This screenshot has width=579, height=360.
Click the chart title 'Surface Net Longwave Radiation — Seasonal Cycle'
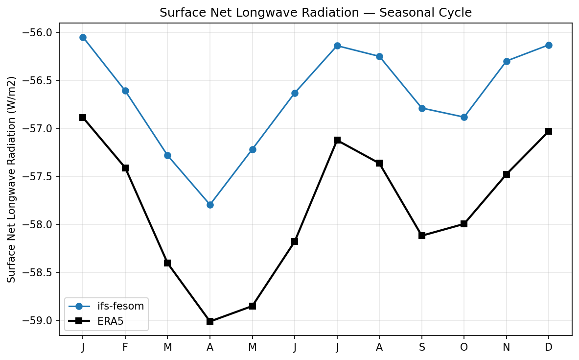[316, 13]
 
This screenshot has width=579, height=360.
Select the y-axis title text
[12, 179]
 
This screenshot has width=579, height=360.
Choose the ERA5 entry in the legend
[113, 321]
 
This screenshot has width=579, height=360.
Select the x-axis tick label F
[125, 347]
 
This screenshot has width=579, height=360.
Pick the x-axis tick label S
[422, 347]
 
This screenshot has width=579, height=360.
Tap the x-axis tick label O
[464, 347]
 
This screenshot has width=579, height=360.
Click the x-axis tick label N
[507, 347]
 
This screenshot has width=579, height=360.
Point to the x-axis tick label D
[549, 347]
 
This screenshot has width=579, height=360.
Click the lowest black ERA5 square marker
[210, 321]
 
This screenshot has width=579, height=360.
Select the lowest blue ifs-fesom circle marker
[210, 205]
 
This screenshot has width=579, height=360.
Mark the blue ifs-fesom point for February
[125, 91]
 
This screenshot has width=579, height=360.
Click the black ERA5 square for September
[422, 236]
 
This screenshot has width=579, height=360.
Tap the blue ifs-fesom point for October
[464, 117]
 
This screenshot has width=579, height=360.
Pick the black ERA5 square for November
[507, 174]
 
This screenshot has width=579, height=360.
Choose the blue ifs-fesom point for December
[549, 45]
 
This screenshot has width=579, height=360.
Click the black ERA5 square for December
[549, 131]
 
